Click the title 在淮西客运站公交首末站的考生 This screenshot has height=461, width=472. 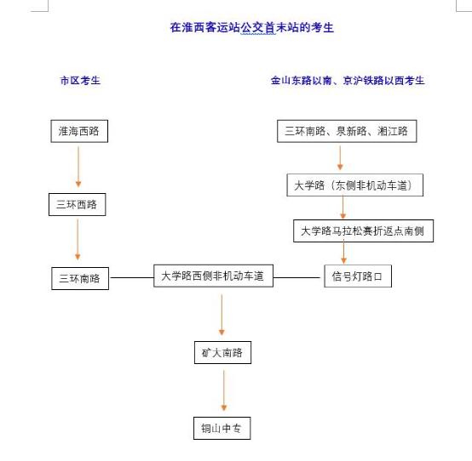point(252,27)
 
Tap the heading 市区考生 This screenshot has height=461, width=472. point(80,80)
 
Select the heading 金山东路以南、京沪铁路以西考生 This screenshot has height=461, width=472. point(348,80)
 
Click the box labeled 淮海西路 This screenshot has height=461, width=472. point(79,131)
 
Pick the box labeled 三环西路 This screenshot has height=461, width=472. point(77,204)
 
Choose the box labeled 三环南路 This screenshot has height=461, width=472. point(80,278)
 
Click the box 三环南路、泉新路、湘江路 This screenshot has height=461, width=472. point(347,131)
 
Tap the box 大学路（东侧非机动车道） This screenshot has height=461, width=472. point(354,185)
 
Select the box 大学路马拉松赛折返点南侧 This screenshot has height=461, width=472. point(363,230)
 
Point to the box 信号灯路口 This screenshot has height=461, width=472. point(358,276)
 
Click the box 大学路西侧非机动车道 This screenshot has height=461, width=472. point(214,276)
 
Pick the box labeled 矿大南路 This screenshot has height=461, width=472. point(222,352)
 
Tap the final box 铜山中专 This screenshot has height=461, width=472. point(222,428)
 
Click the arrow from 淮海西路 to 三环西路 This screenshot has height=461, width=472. point(78,167)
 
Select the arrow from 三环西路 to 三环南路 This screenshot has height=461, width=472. point(78,240)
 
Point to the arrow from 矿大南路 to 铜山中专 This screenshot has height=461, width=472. point(224,390)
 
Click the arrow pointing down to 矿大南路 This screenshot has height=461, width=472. point(222,315)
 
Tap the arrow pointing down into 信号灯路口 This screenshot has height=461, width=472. point(343,252)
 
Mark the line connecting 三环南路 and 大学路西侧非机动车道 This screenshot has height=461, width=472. point(132,277)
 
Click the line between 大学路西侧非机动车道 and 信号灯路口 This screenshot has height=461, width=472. point(296,277)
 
